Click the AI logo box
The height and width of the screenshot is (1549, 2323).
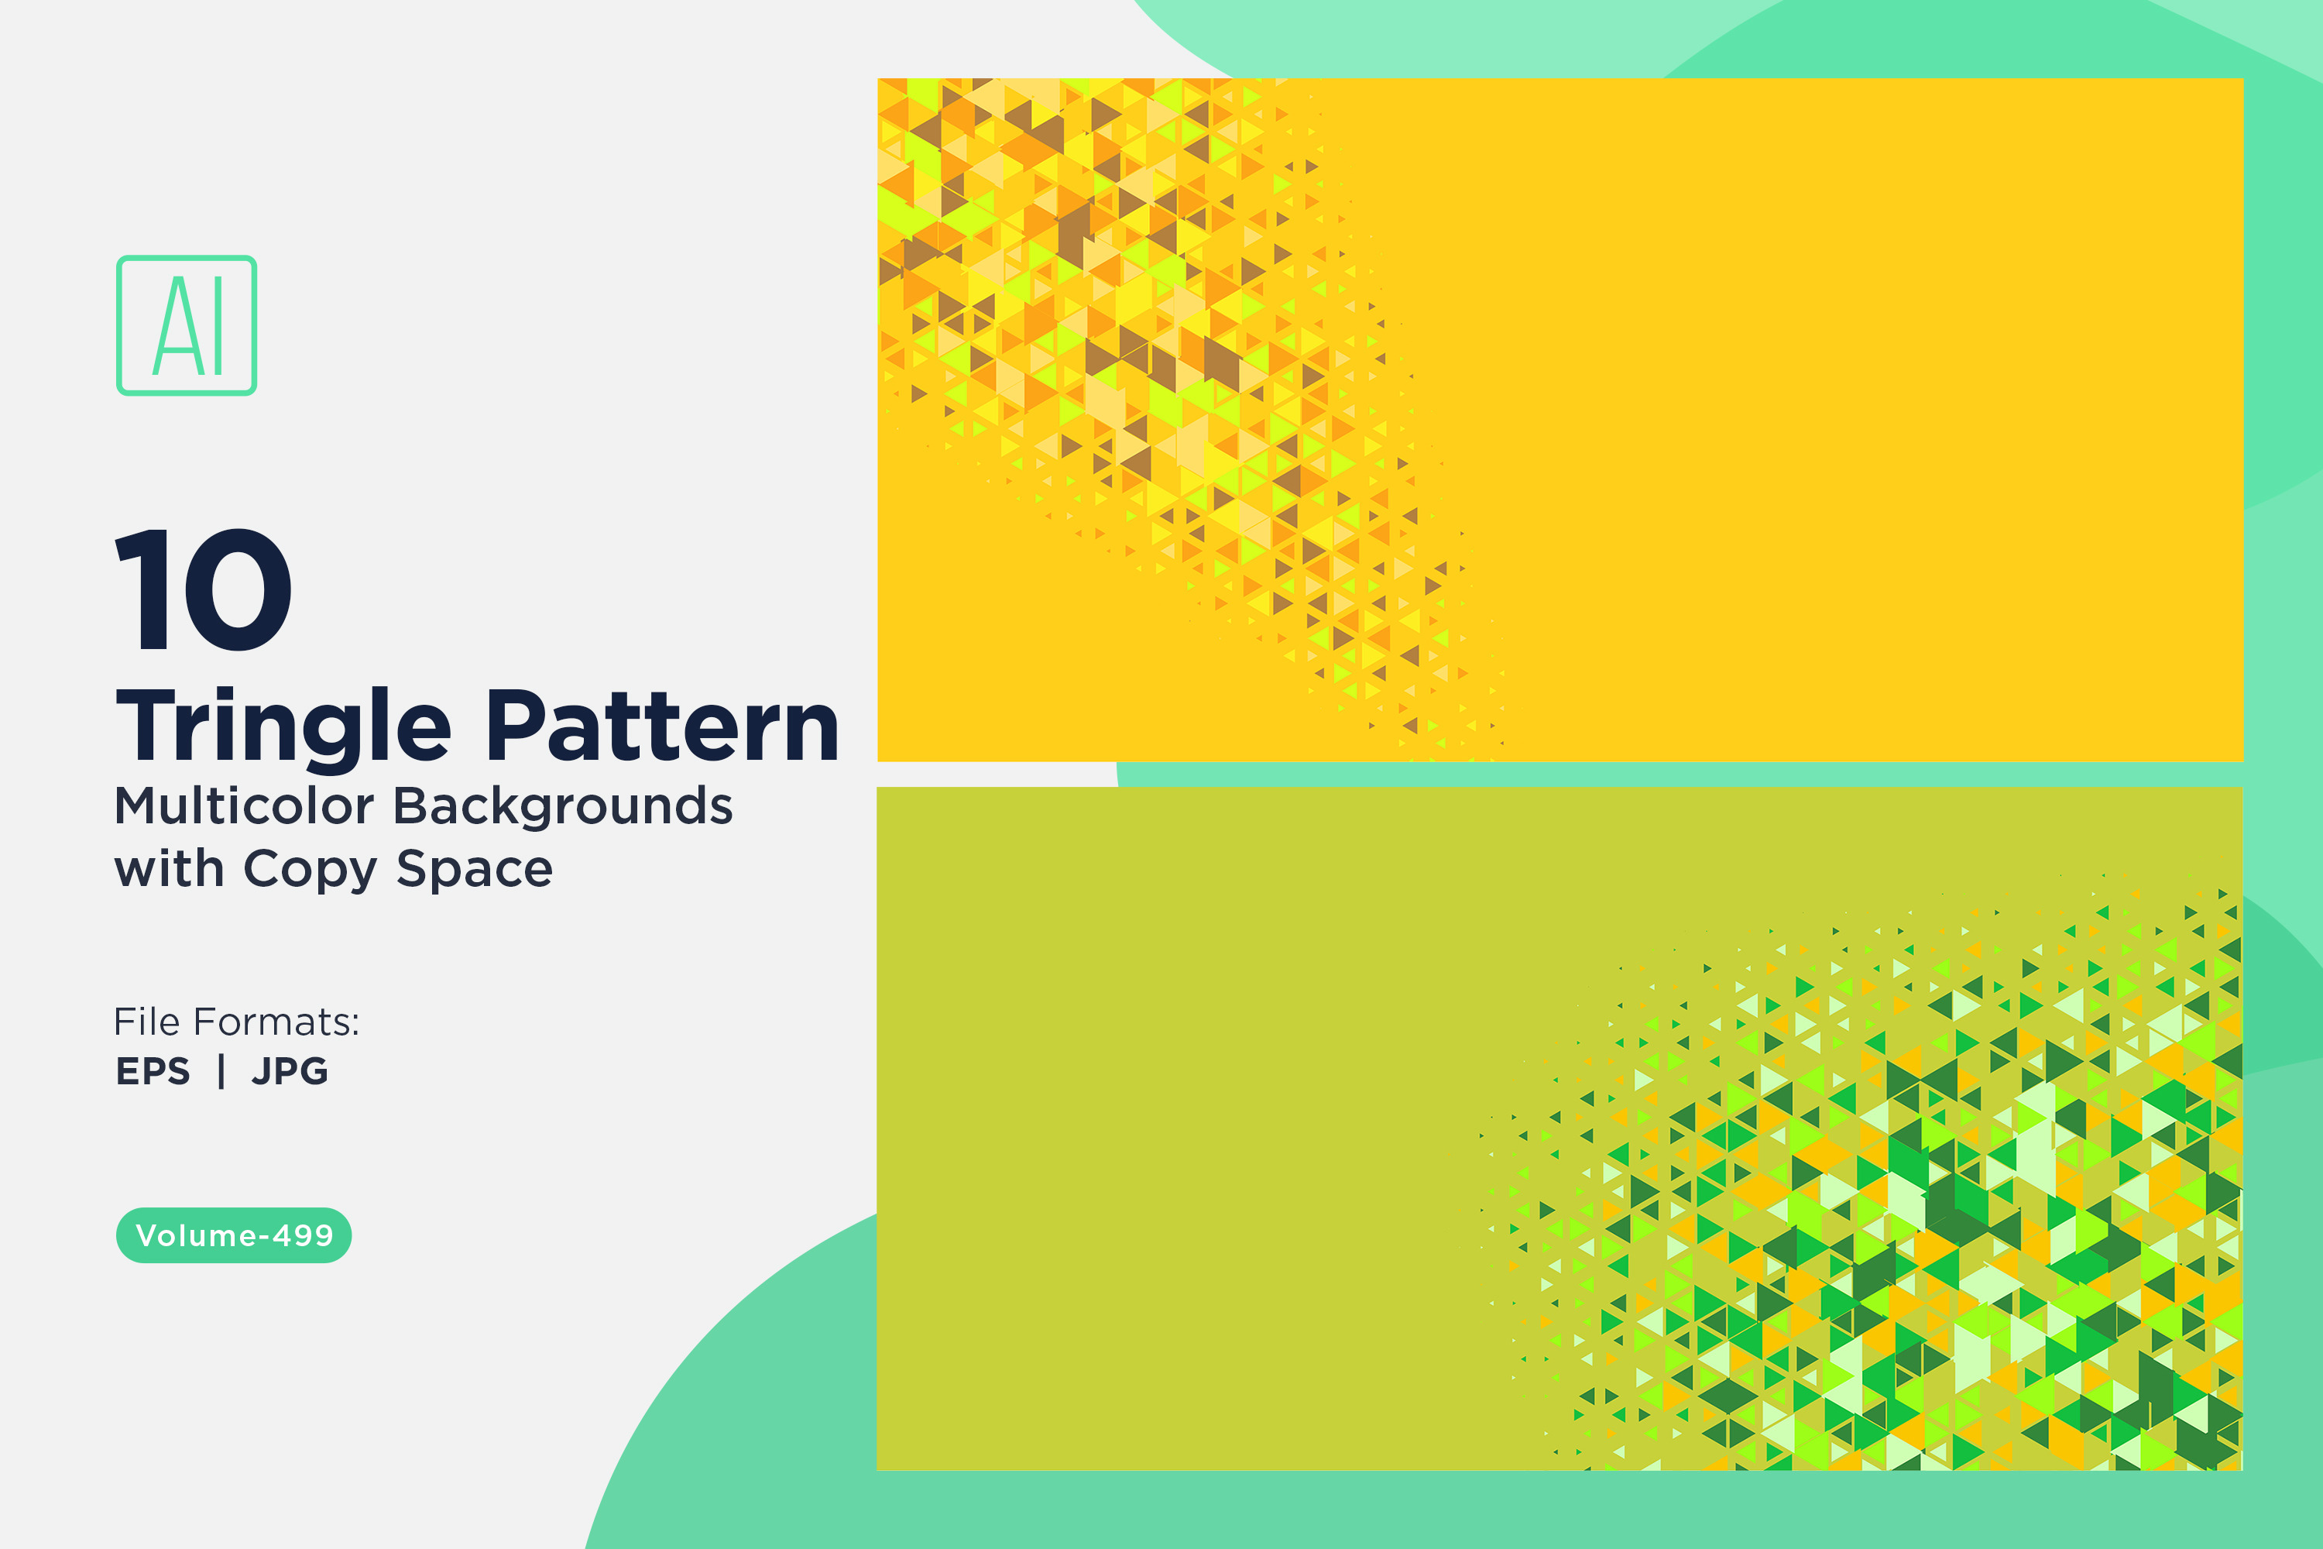(187, 325)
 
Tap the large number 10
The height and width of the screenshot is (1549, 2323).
(204, 589)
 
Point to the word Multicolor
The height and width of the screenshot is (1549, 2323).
(244, 805)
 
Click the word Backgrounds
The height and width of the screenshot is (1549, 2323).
(563, 806)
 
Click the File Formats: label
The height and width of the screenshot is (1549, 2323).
(237, 1022)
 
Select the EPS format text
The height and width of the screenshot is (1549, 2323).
(153, 1071)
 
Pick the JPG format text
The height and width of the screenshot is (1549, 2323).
(290, 1071)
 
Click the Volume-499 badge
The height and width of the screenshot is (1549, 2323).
(234, 1235)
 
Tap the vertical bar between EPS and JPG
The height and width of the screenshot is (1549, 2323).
(221, 1071)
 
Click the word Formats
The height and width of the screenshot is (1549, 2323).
(290, 1022)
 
